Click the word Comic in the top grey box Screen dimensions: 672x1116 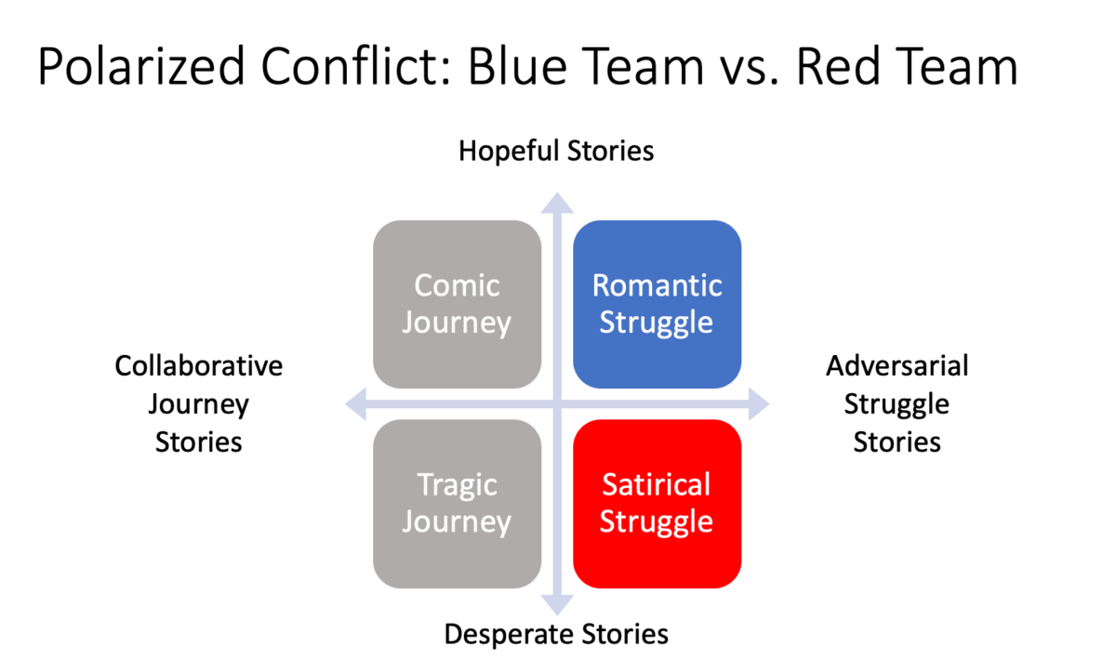[457, 285]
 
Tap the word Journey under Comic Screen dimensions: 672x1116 [457, 323]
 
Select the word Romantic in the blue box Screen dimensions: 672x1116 [657, 285]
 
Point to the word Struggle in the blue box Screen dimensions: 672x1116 [657, 323]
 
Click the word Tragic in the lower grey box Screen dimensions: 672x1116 [457, 484]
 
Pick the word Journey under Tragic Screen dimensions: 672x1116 [457, 521]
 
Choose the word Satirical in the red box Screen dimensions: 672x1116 [657, 484]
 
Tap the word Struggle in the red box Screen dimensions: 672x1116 [657, 521]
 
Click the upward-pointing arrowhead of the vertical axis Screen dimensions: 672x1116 [557, 202]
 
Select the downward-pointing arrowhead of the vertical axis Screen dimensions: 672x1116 [557, 606]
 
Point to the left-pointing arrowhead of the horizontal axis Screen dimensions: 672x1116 [355, 404]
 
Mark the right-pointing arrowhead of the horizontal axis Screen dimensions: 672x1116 [760, 404]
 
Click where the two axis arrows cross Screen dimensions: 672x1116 [557, 404]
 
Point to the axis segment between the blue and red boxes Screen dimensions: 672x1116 [657, 404]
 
